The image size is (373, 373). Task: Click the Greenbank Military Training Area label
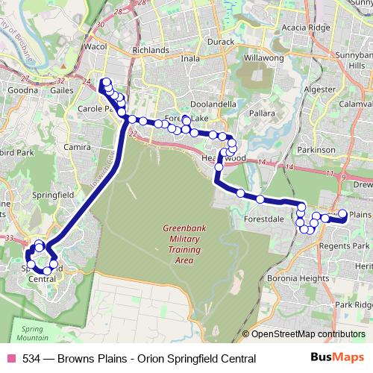178,244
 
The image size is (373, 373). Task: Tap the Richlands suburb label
150,50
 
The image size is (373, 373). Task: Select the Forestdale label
265,220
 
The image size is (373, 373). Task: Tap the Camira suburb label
78,148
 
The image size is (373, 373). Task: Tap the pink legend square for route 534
11,359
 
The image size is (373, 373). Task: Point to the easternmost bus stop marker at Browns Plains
343,214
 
